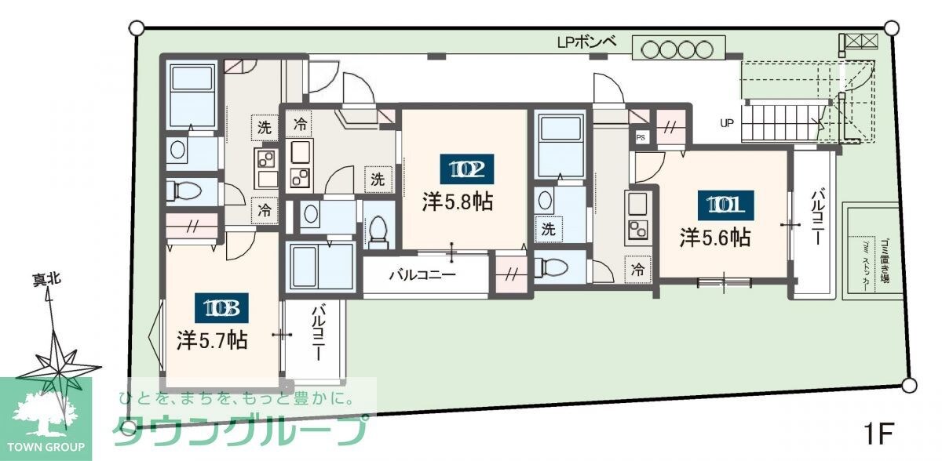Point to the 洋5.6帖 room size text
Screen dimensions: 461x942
pyautogui.click(x=715, y=237)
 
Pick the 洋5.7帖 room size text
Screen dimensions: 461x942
pyautogui.click(x=213, y=340)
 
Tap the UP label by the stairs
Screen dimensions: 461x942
pyautogui.click(x=726, y=123)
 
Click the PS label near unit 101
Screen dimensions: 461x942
pyautogui.click(x=641, y=137)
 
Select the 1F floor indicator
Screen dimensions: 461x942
pyautogui.click(x=880, y=432)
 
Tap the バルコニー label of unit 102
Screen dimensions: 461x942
pyautogui.click(x=422, y=276)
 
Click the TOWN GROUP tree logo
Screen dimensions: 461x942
pyautogui.click(x=46, y=412)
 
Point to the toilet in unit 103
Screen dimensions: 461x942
pyautogui.click(x=185, y=191)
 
